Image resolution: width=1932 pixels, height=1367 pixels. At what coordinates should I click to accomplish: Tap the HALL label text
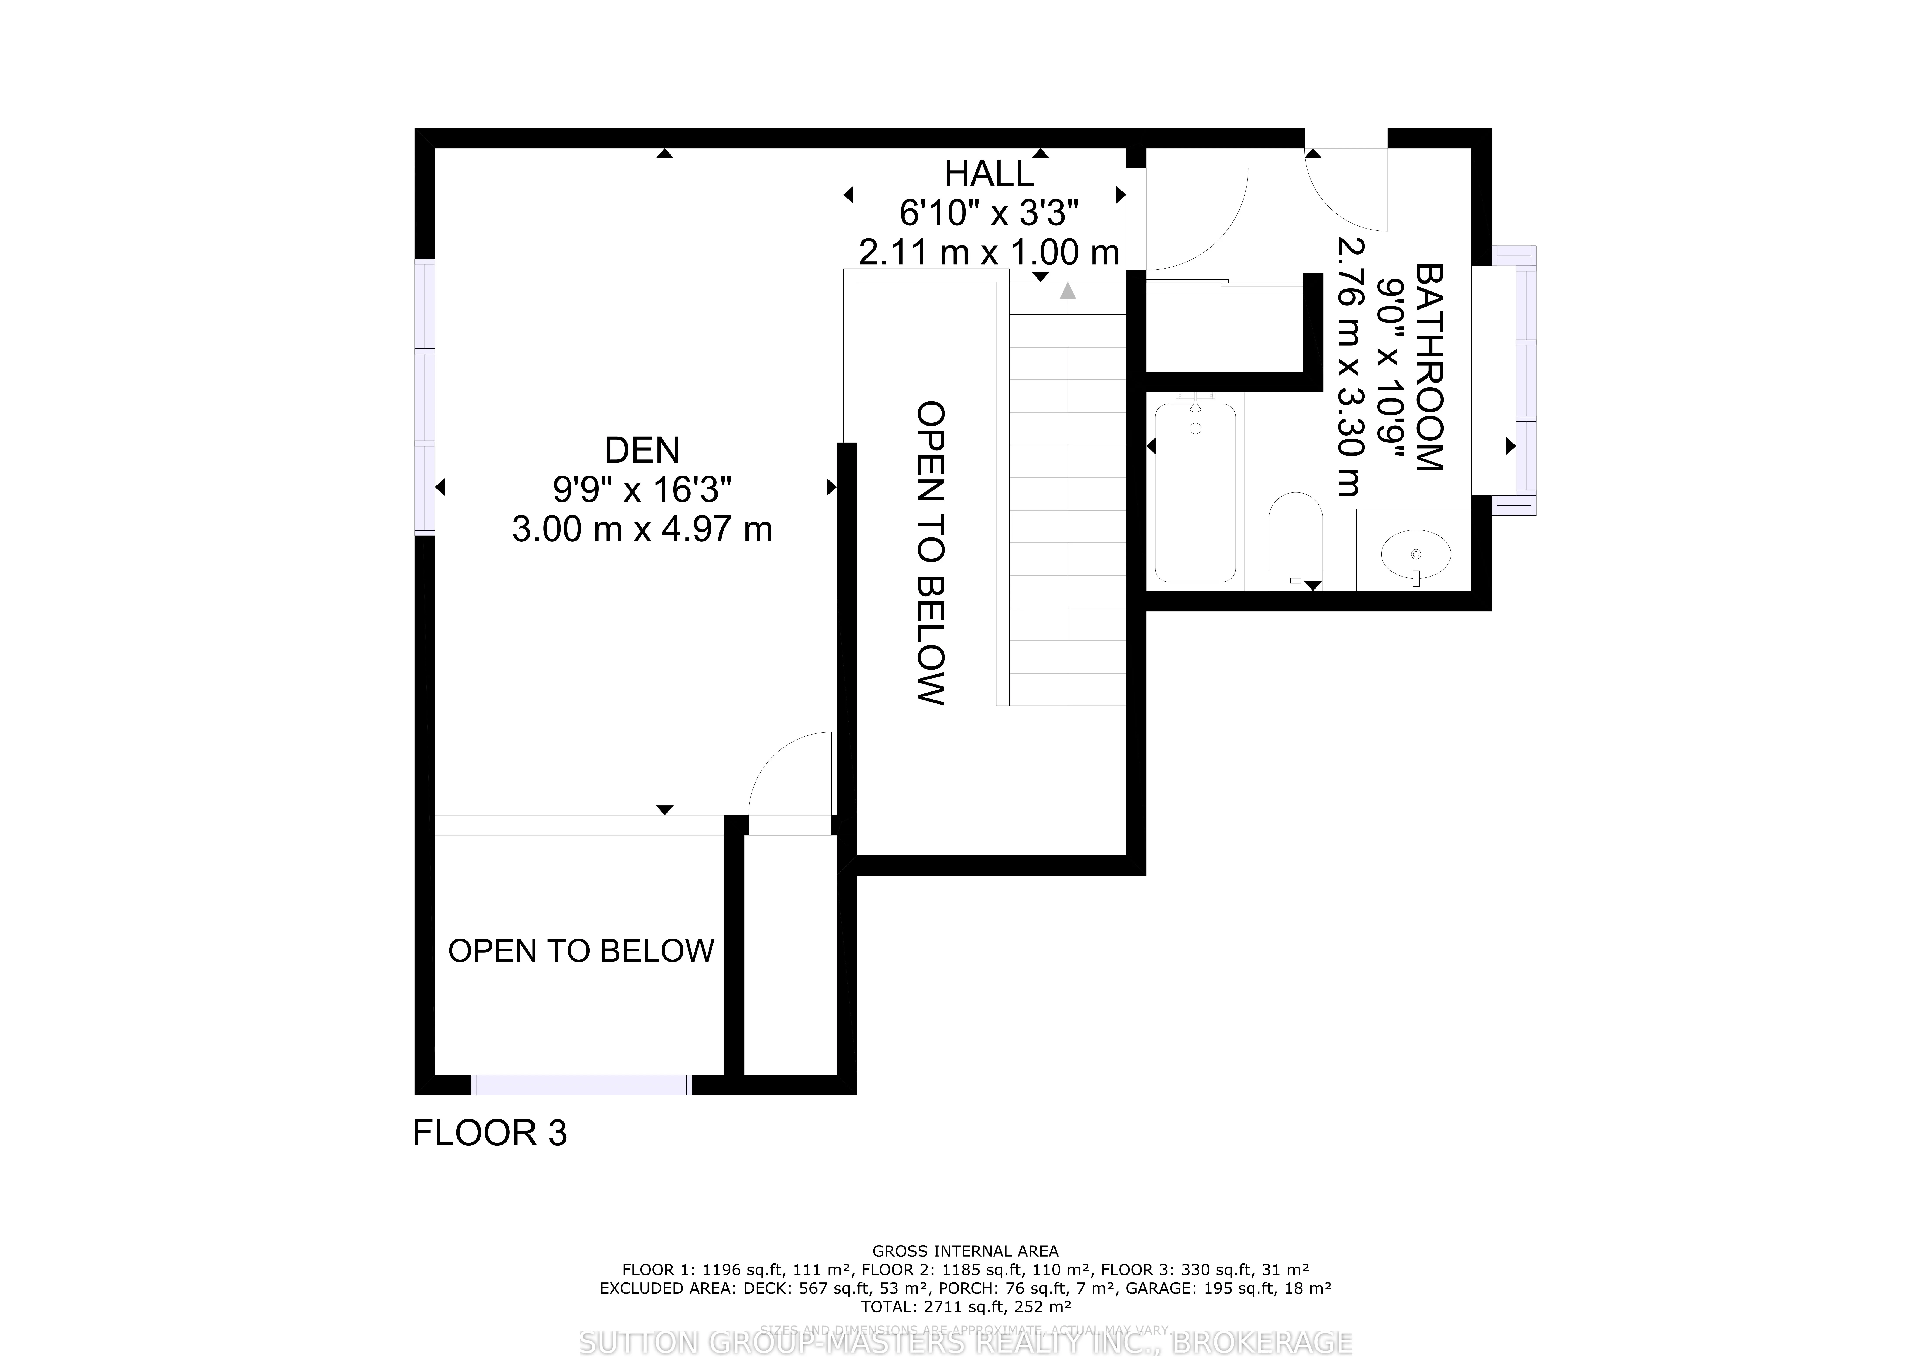(989, 174)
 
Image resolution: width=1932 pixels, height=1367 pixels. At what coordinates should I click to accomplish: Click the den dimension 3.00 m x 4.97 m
(642, 529)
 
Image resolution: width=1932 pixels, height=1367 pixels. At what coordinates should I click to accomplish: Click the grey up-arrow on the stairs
(1068, 291)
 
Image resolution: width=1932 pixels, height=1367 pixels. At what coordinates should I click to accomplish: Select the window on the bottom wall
(581, 1085)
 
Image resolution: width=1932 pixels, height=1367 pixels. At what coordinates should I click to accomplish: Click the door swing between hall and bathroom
(1195, 217)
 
